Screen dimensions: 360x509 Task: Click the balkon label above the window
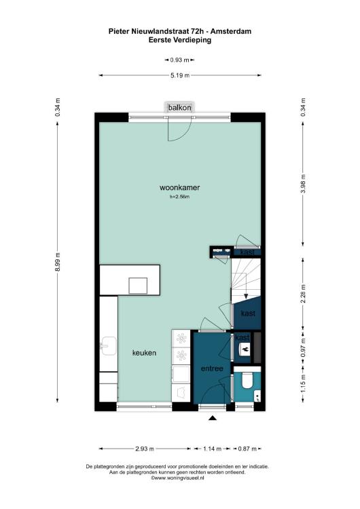[179, 107]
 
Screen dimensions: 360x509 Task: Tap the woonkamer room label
[180, 187]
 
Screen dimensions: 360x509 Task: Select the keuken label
[144, 353]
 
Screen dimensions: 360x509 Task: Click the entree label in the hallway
[212, 369]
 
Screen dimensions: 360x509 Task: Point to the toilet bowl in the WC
[247, 380]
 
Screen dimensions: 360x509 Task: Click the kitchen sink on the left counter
[109, 345]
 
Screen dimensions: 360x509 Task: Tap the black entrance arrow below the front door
[213, 418]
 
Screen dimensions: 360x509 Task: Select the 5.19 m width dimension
[180, 75]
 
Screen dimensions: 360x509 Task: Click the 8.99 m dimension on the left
[58, 262]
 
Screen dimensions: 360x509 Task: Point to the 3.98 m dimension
[303, 184]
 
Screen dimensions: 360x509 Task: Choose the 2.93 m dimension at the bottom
[145, 449]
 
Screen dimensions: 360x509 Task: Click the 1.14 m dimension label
[212, 449]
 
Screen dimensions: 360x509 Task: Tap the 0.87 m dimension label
[247, 449]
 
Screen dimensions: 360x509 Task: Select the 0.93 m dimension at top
[180, 60]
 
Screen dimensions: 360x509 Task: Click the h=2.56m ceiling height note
[179, 196]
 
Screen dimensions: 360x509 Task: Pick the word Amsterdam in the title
[232, 31]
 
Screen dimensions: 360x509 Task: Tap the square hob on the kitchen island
[138, 286]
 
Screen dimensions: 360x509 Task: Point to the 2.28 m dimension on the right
[303, 293]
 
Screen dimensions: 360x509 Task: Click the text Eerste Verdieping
[180, 40]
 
